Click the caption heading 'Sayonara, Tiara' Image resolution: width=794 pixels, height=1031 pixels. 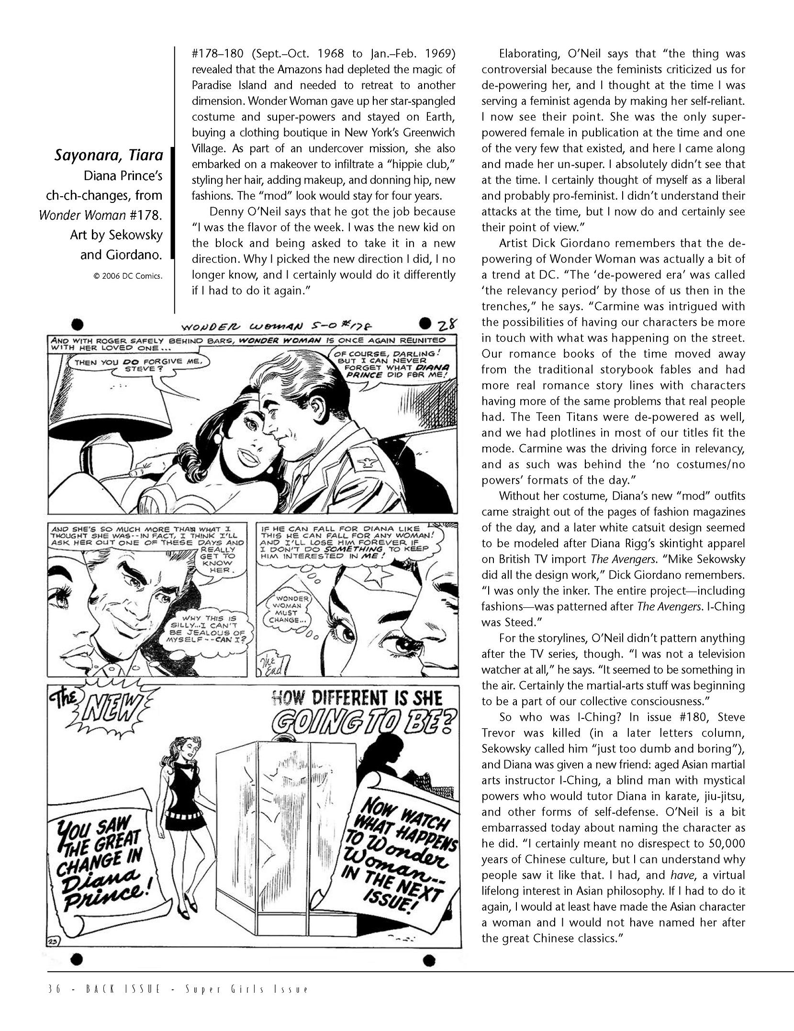coord(108,156)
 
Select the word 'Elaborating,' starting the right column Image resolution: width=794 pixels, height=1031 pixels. coord(527,54)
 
